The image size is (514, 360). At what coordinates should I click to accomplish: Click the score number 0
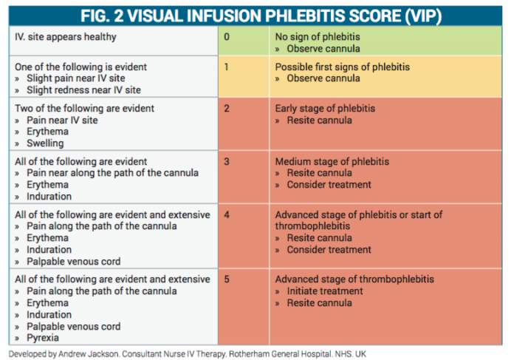(227, 37)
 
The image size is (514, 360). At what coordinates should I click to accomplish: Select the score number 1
(227, 67)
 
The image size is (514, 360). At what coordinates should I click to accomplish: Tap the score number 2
(227, 108)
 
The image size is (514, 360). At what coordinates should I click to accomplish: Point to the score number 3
(227, 161)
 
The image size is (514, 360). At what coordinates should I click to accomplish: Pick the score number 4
(227, 214)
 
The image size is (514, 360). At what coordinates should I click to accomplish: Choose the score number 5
(227, 279)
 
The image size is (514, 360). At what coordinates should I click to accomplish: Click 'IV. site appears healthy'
(66, 37)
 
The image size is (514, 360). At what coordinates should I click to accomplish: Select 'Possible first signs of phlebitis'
(343, 67)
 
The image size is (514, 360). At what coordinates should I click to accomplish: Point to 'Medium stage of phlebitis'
(332, 161)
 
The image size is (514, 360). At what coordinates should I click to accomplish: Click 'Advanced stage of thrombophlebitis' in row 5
(354, 279)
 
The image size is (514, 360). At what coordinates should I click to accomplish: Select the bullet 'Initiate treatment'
(324, 291)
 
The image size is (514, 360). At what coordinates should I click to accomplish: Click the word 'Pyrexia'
(44, 339)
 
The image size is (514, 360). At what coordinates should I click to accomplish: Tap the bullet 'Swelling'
(45, 143)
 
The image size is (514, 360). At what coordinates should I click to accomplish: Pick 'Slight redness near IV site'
(83, 90)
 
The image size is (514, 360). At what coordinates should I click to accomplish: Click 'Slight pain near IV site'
(78, 78)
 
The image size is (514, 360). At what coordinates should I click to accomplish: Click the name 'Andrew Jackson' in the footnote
(89, 353)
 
